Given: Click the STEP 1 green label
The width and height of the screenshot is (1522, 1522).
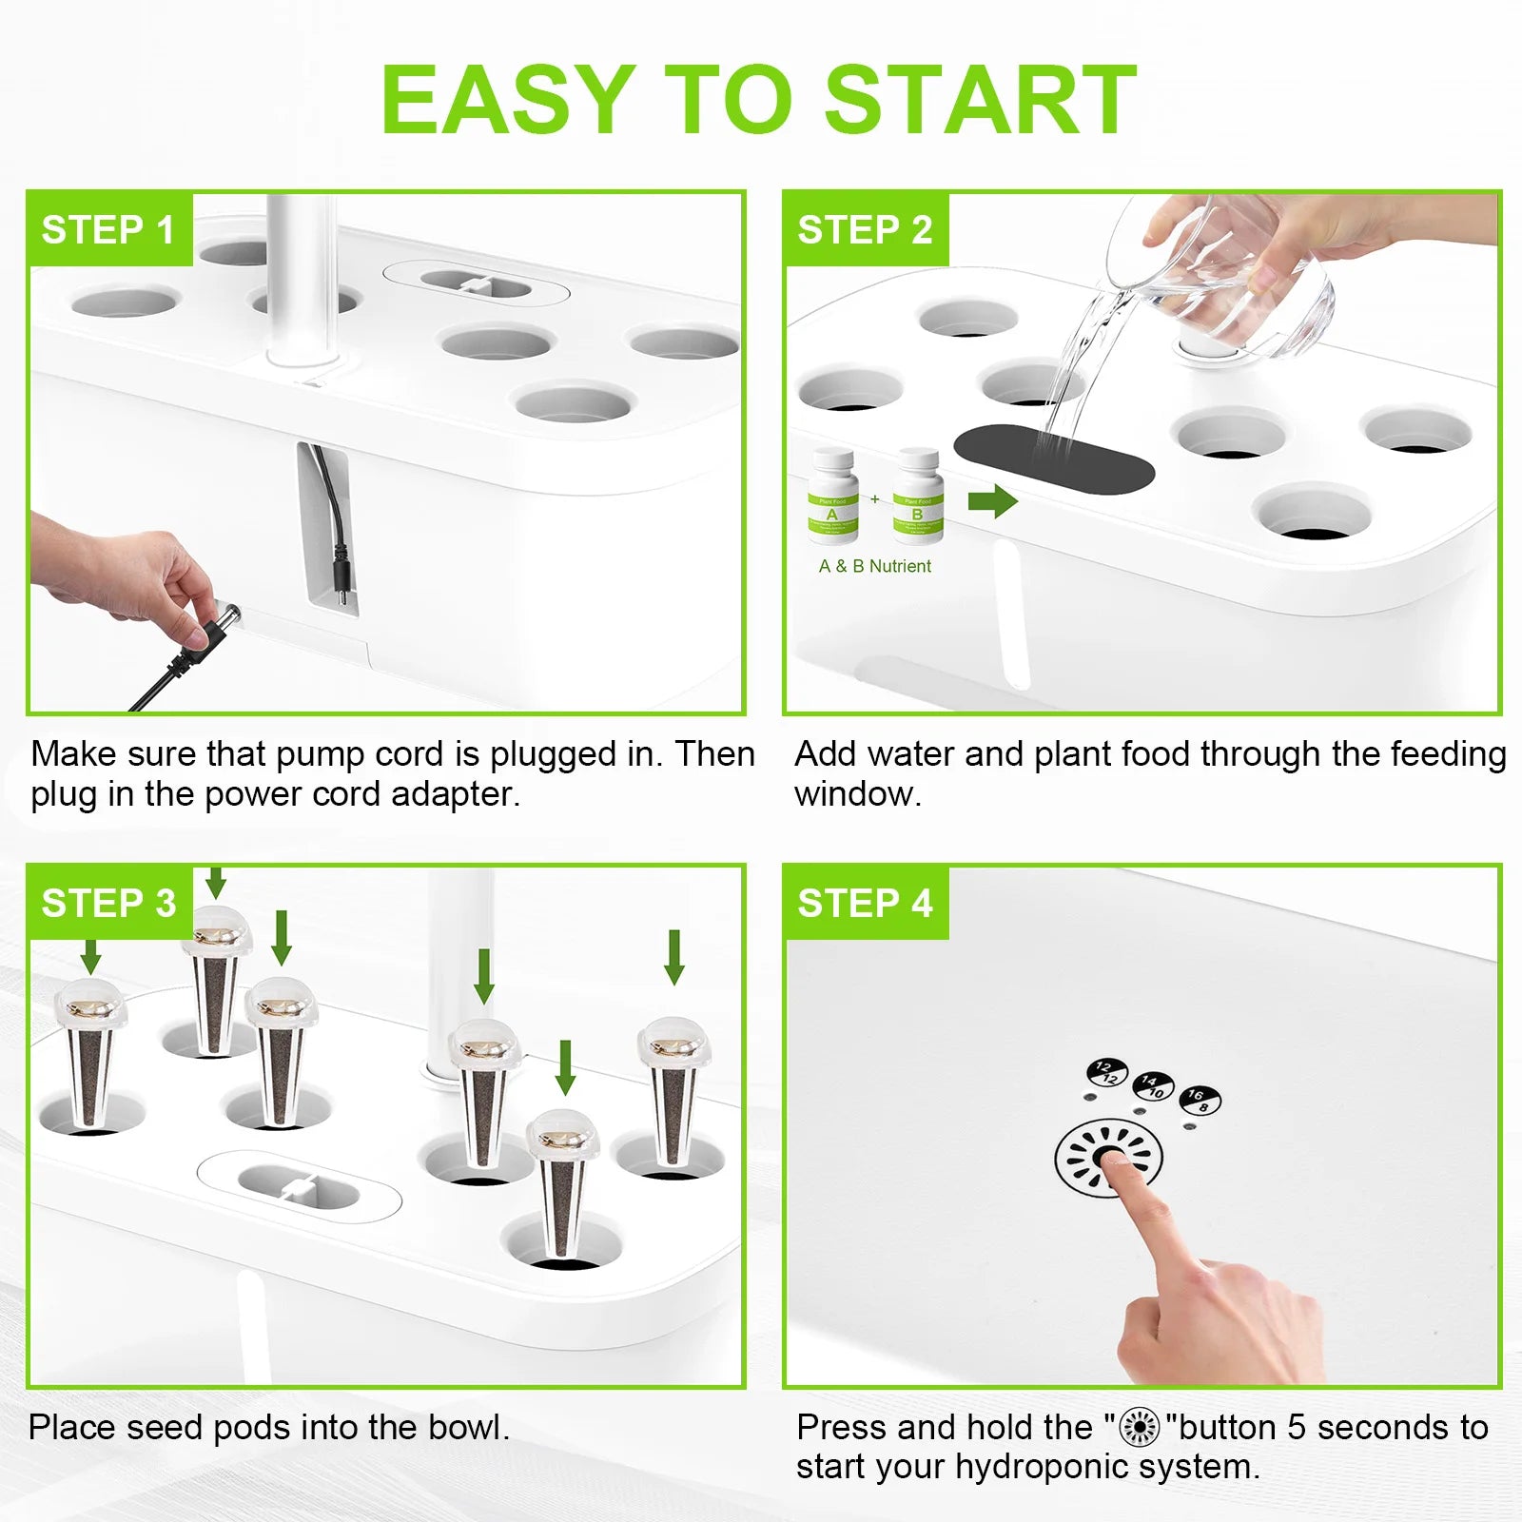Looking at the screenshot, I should point(108,230).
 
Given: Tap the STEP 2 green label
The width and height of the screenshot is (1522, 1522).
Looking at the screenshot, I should point(865,230).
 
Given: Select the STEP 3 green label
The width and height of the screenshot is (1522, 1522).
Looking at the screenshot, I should point(108,903).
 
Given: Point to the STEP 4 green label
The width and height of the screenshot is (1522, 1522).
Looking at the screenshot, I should point(865,903).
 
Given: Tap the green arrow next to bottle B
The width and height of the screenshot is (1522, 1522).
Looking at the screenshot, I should point(992,500).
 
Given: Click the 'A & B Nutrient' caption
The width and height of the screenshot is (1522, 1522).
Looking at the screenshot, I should point(874,566).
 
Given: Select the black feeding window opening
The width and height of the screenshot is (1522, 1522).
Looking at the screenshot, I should point(1053,460).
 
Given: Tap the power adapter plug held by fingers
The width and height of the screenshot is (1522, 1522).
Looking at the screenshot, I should point(213,627).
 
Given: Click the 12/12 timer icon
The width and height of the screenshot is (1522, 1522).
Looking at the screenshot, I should point(1106,1073).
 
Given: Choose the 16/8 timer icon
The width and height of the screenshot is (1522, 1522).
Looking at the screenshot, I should point(1199,1100).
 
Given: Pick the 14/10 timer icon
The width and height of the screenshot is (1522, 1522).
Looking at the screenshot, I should point(1153,1086).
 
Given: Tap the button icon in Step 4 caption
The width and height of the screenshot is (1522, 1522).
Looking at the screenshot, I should point(1139,1428).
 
